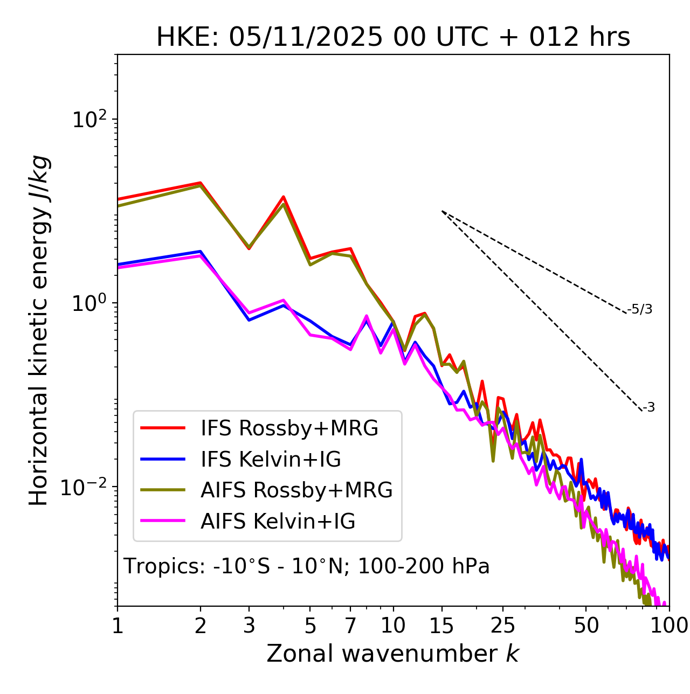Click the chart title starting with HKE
(393, 38)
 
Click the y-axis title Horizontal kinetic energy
(39, 331)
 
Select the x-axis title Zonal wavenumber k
(392, 654)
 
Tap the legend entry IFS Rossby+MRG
(289, 428)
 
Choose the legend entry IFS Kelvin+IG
(271, 460)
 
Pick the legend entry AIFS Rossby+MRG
(296, 490)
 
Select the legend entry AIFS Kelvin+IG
(278, 522)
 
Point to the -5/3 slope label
(640, 309)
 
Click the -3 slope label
(648, 408)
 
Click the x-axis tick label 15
(441, 626)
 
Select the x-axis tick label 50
(586, 626)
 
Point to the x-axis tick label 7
(350, 626)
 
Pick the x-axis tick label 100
(669, 626)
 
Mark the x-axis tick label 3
(249, 626)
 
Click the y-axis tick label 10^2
(89, 119)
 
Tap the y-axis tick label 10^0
(89, 303)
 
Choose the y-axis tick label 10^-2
(86, 487)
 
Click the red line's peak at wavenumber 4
(283, 197)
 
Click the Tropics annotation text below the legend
(307, 566)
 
